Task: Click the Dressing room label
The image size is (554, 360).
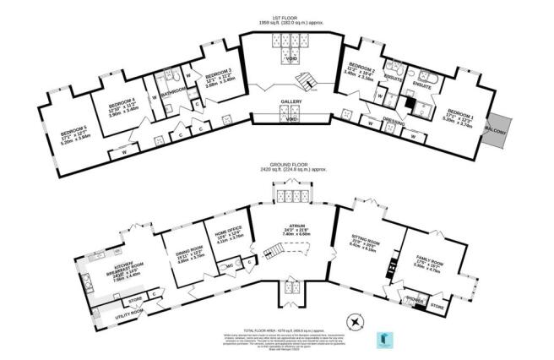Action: [389, 121]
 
